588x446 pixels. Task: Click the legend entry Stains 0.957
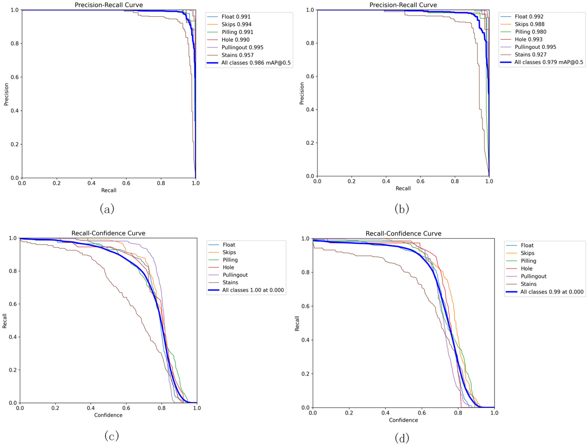[x=237, y=55]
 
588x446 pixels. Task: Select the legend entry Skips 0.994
[x=236, y=24]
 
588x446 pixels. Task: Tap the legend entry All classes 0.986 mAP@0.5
[x=256, y=63]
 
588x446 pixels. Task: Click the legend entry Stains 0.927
[x=530, y=55]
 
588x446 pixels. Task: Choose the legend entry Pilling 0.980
[x=530, y=32]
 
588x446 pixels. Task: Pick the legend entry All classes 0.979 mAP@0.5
[x=548, y=62]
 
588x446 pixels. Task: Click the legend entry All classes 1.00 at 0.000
[x=253, y=290]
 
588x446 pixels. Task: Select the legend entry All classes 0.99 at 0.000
[x=552, y=292]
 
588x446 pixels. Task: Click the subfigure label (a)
[x=107, y=209]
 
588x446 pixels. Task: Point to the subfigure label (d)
[x=402, y=438]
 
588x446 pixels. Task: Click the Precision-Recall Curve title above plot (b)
[x=403, y=5]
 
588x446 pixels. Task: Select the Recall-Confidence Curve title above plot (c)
[x=108, y=233]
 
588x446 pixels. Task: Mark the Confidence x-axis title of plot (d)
[x=403, y=420]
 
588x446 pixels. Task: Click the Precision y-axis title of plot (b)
[x=301, y=93]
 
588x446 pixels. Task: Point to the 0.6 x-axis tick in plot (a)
[x=126, y=183]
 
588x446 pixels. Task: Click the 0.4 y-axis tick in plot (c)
[x=13, y=337]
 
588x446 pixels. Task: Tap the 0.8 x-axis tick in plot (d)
[x=458, y=413]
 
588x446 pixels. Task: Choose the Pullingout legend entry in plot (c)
[x=235, y=275]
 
